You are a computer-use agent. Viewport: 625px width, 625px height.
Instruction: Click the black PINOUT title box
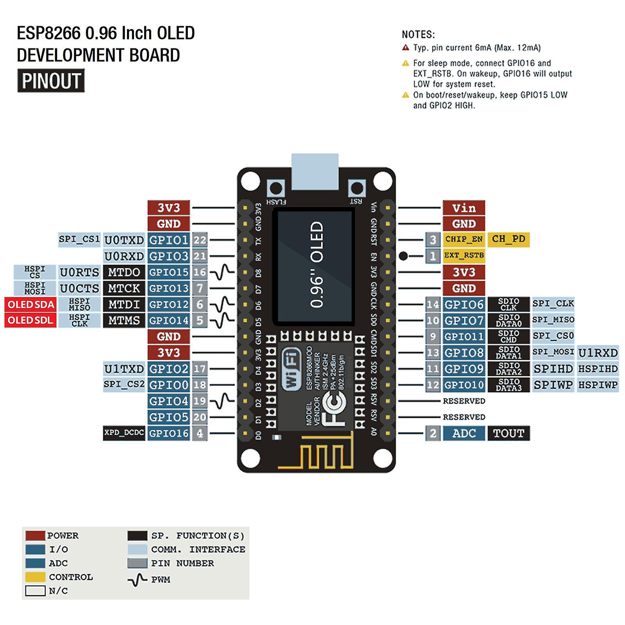point(51,81)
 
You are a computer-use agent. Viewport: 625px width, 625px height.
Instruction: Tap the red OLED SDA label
point(30,304)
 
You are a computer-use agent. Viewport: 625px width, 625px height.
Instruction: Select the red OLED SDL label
point(30,320)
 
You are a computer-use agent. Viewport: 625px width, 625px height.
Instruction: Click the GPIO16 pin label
point(169,433)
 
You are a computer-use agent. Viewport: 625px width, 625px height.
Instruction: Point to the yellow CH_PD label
point(508,239)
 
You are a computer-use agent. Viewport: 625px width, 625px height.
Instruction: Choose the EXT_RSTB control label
point(464,255)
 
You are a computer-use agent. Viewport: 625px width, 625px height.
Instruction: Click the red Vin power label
point(464,208)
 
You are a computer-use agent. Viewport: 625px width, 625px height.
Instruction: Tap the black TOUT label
point(508,433)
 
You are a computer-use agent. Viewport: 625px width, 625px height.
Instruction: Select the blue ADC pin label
point(464,433)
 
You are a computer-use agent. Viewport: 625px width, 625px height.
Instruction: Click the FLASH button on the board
point(276,189)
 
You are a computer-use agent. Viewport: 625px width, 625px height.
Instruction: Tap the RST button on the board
point(356,189)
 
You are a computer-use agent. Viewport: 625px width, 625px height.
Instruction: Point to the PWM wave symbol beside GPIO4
point(223,401)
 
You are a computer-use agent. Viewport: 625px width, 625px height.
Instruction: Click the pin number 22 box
point(200,240)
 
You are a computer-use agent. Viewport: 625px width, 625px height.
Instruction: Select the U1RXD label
point(598,353)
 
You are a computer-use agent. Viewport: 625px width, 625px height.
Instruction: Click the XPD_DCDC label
point(124,433)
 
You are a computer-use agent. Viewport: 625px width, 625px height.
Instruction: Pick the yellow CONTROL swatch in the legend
point(35,577)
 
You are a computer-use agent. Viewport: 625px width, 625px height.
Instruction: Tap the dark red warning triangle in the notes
point(405,48)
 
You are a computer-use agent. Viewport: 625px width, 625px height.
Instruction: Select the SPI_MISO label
point(553,320)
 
